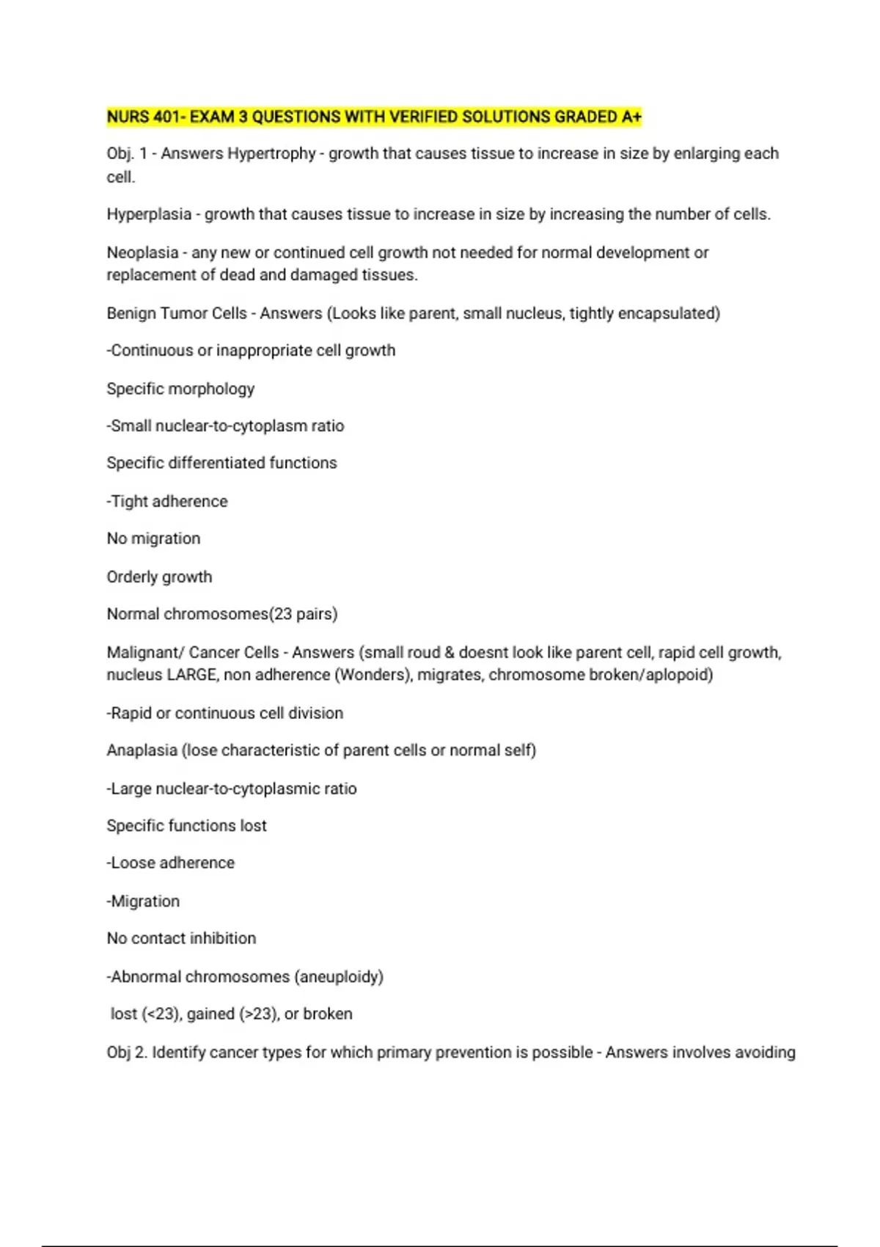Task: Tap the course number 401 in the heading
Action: tap(168, 117)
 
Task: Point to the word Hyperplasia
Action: tap(149, 215)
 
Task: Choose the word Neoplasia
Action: tap(142, 253)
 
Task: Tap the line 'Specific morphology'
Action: tap(180, 389)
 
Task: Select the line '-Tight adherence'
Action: tap(167, 502)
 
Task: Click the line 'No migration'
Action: tap(153, 539)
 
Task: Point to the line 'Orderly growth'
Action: tap(159, 577)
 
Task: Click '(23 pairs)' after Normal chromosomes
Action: tap(304, 615)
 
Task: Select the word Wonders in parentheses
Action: tap(372, 676)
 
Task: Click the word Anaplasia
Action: tap(142, 751)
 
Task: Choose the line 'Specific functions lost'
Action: tap(186, 826)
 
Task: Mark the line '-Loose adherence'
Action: tap(171, 863)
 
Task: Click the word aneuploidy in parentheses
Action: tap(339, 977)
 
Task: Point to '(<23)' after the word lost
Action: tap(161, 1014)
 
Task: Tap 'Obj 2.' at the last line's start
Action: tap(127, 1053)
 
